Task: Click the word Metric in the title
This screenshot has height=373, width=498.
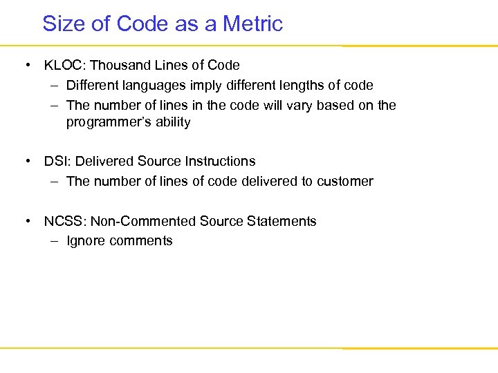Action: pos(252,23)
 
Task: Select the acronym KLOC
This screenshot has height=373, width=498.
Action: pos(63,66)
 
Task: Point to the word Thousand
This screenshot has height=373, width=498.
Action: pos(118,66)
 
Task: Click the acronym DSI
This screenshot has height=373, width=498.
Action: pos(57,162)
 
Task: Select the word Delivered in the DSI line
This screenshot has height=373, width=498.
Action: pos(104,162)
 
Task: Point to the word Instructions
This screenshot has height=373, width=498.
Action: pos(221,162)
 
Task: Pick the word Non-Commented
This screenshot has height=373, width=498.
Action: pos(143,222)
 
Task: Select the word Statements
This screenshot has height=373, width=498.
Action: pos(283,222)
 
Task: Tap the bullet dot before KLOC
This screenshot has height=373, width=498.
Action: pos(28,66)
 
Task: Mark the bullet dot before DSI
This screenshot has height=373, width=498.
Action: pos(28,162)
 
